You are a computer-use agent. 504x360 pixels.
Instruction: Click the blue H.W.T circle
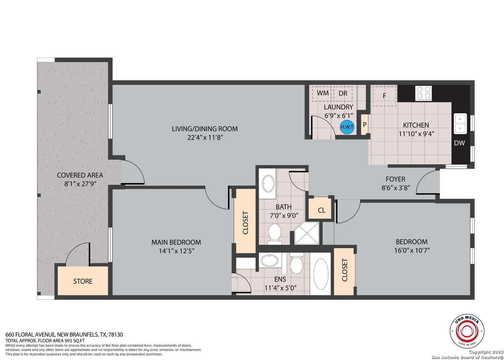[347, 127]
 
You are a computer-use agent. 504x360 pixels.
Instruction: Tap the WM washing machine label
[322, 93]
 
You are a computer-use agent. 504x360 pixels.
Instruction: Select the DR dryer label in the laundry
[343, 93]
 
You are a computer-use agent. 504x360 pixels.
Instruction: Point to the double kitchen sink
[460, 124]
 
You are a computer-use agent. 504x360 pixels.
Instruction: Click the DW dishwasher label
[459, 143]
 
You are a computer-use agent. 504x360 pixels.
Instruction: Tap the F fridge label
[384, 96]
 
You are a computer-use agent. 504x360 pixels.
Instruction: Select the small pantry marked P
[364, 125]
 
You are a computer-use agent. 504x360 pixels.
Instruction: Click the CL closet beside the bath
[321, 210]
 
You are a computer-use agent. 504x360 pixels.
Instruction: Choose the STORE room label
[83, 281]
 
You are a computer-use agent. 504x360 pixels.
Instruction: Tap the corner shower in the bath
[307, 233]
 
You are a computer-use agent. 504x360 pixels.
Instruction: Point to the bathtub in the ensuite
[320, 274]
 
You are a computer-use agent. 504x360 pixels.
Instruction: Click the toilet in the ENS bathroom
[296, 263]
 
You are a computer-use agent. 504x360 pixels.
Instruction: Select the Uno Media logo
[467, 331]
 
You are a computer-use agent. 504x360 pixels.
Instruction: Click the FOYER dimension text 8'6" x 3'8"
[395, 188]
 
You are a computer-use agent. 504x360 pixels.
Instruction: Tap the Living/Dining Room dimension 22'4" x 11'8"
[205, 138]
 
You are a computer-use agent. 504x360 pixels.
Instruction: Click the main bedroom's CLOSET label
[245, 223]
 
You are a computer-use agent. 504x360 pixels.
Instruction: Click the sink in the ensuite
[269, 260]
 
